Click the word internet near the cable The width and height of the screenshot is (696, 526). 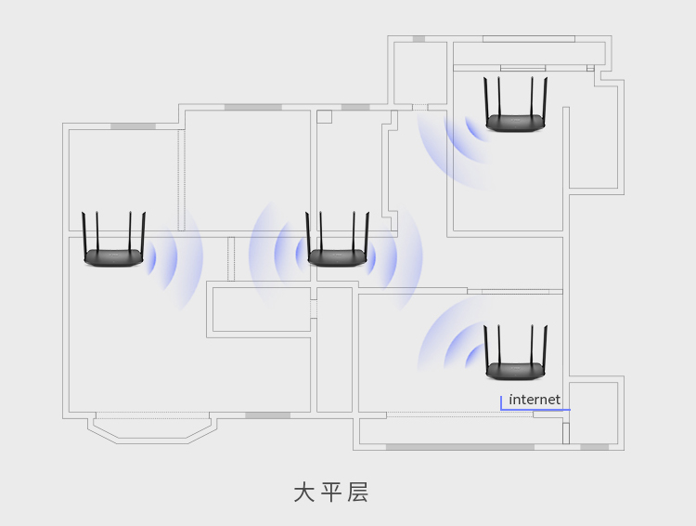[535, 400]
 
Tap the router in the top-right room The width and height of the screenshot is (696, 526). [515, 122]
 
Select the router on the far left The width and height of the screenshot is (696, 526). [113, 256]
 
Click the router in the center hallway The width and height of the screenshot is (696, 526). [338, 256]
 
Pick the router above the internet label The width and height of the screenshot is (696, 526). [515, 370]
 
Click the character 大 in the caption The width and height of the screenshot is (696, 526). [304, 493]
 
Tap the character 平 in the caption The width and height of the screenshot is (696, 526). [331, 493]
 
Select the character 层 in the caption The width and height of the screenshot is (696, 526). [358, 493]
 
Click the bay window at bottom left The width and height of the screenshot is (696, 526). [153, 429]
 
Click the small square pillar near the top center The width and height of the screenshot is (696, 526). [324, 116]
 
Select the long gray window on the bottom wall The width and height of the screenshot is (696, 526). [459, 447]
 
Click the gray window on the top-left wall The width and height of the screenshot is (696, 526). [133, 126]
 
